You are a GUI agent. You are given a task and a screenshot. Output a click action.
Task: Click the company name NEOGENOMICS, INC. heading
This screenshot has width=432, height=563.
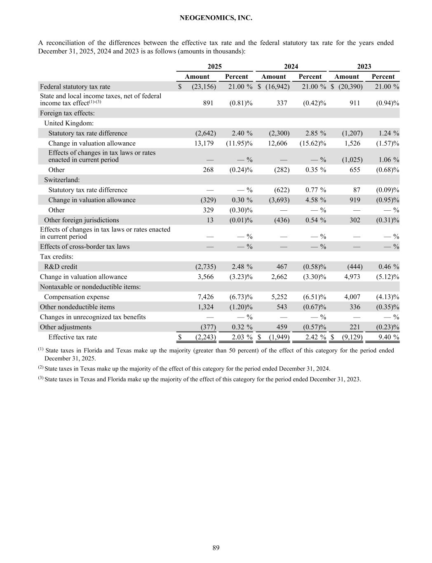216,18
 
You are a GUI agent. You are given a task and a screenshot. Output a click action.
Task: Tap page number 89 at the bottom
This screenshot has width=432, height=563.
216,548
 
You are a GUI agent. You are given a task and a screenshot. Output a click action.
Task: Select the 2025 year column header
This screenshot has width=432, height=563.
214,66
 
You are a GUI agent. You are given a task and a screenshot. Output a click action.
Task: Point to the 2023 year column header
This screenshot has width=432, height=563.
364,66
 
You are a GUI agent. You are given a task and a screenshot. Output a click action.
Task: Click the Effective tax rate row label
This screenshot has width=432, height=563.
73,337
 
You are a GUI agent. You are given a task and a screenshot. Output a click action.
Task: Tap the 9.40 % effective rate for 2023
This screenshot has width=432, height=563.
386,337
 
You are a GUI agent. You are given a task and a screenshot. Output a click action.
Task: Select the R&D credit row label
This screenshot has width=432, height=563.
63,266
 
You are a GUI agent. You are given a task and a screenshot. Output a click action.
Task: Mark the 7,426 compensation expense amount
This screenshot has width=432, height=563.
206,297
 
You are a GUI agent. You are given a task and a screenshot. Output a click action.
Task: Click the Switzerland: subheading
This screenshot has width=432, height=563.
62,180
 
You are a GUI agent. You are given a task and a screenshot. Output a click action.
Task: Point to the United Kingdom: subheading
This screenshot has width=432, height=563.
69,123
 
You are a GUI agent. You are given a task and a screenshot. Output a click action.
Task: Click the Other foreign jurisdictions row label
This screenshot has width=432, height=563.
81,220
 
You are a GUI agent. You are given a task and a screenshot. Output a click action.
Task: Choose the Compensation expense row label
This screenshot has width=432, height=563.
77,297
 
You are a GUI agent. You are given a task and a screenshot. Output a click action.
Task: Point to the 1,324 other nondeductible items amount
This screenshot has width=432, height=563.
206,307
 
